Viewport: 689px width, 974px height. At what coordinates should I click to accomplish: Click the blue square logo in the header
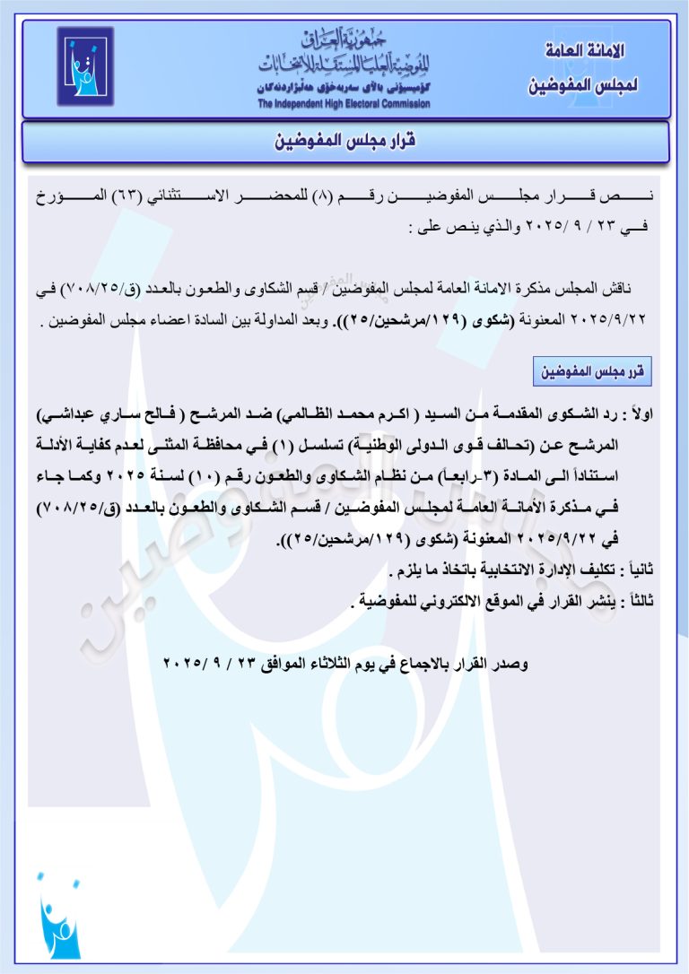[85, 65]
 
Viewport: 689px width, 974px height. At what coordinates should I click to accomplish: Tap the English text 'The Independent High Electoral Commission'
[344, 104]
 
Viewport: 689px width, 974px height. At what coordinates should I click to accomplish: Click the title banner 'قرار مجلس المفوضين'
[345, 142]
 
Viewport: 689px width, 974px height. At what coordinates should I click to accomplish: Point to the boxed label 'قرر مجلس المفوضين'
[593, 370]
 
